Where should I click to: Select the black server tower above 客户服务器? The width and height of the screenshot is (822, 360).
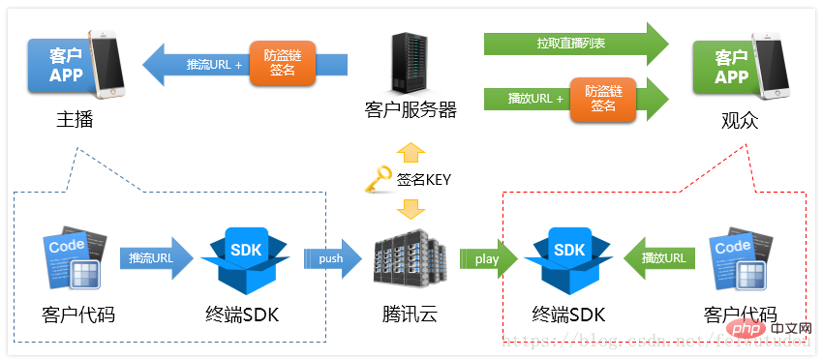[x=411, y=63]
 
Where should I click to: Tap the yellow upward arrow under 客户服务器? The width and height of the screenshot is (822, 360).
[x=411, y=151]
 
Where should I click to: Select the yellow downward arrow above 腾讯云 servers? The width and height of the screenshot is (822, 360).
[x=411, y=208]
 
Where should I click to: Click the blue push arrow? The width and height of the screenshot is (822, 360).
[x=332, y=259]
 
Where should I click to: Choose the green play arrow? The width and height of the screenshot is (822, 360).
[x=486, y=259]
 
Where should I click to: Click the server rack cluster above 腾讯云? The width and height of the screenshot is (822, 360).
[x=411, y=257]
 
